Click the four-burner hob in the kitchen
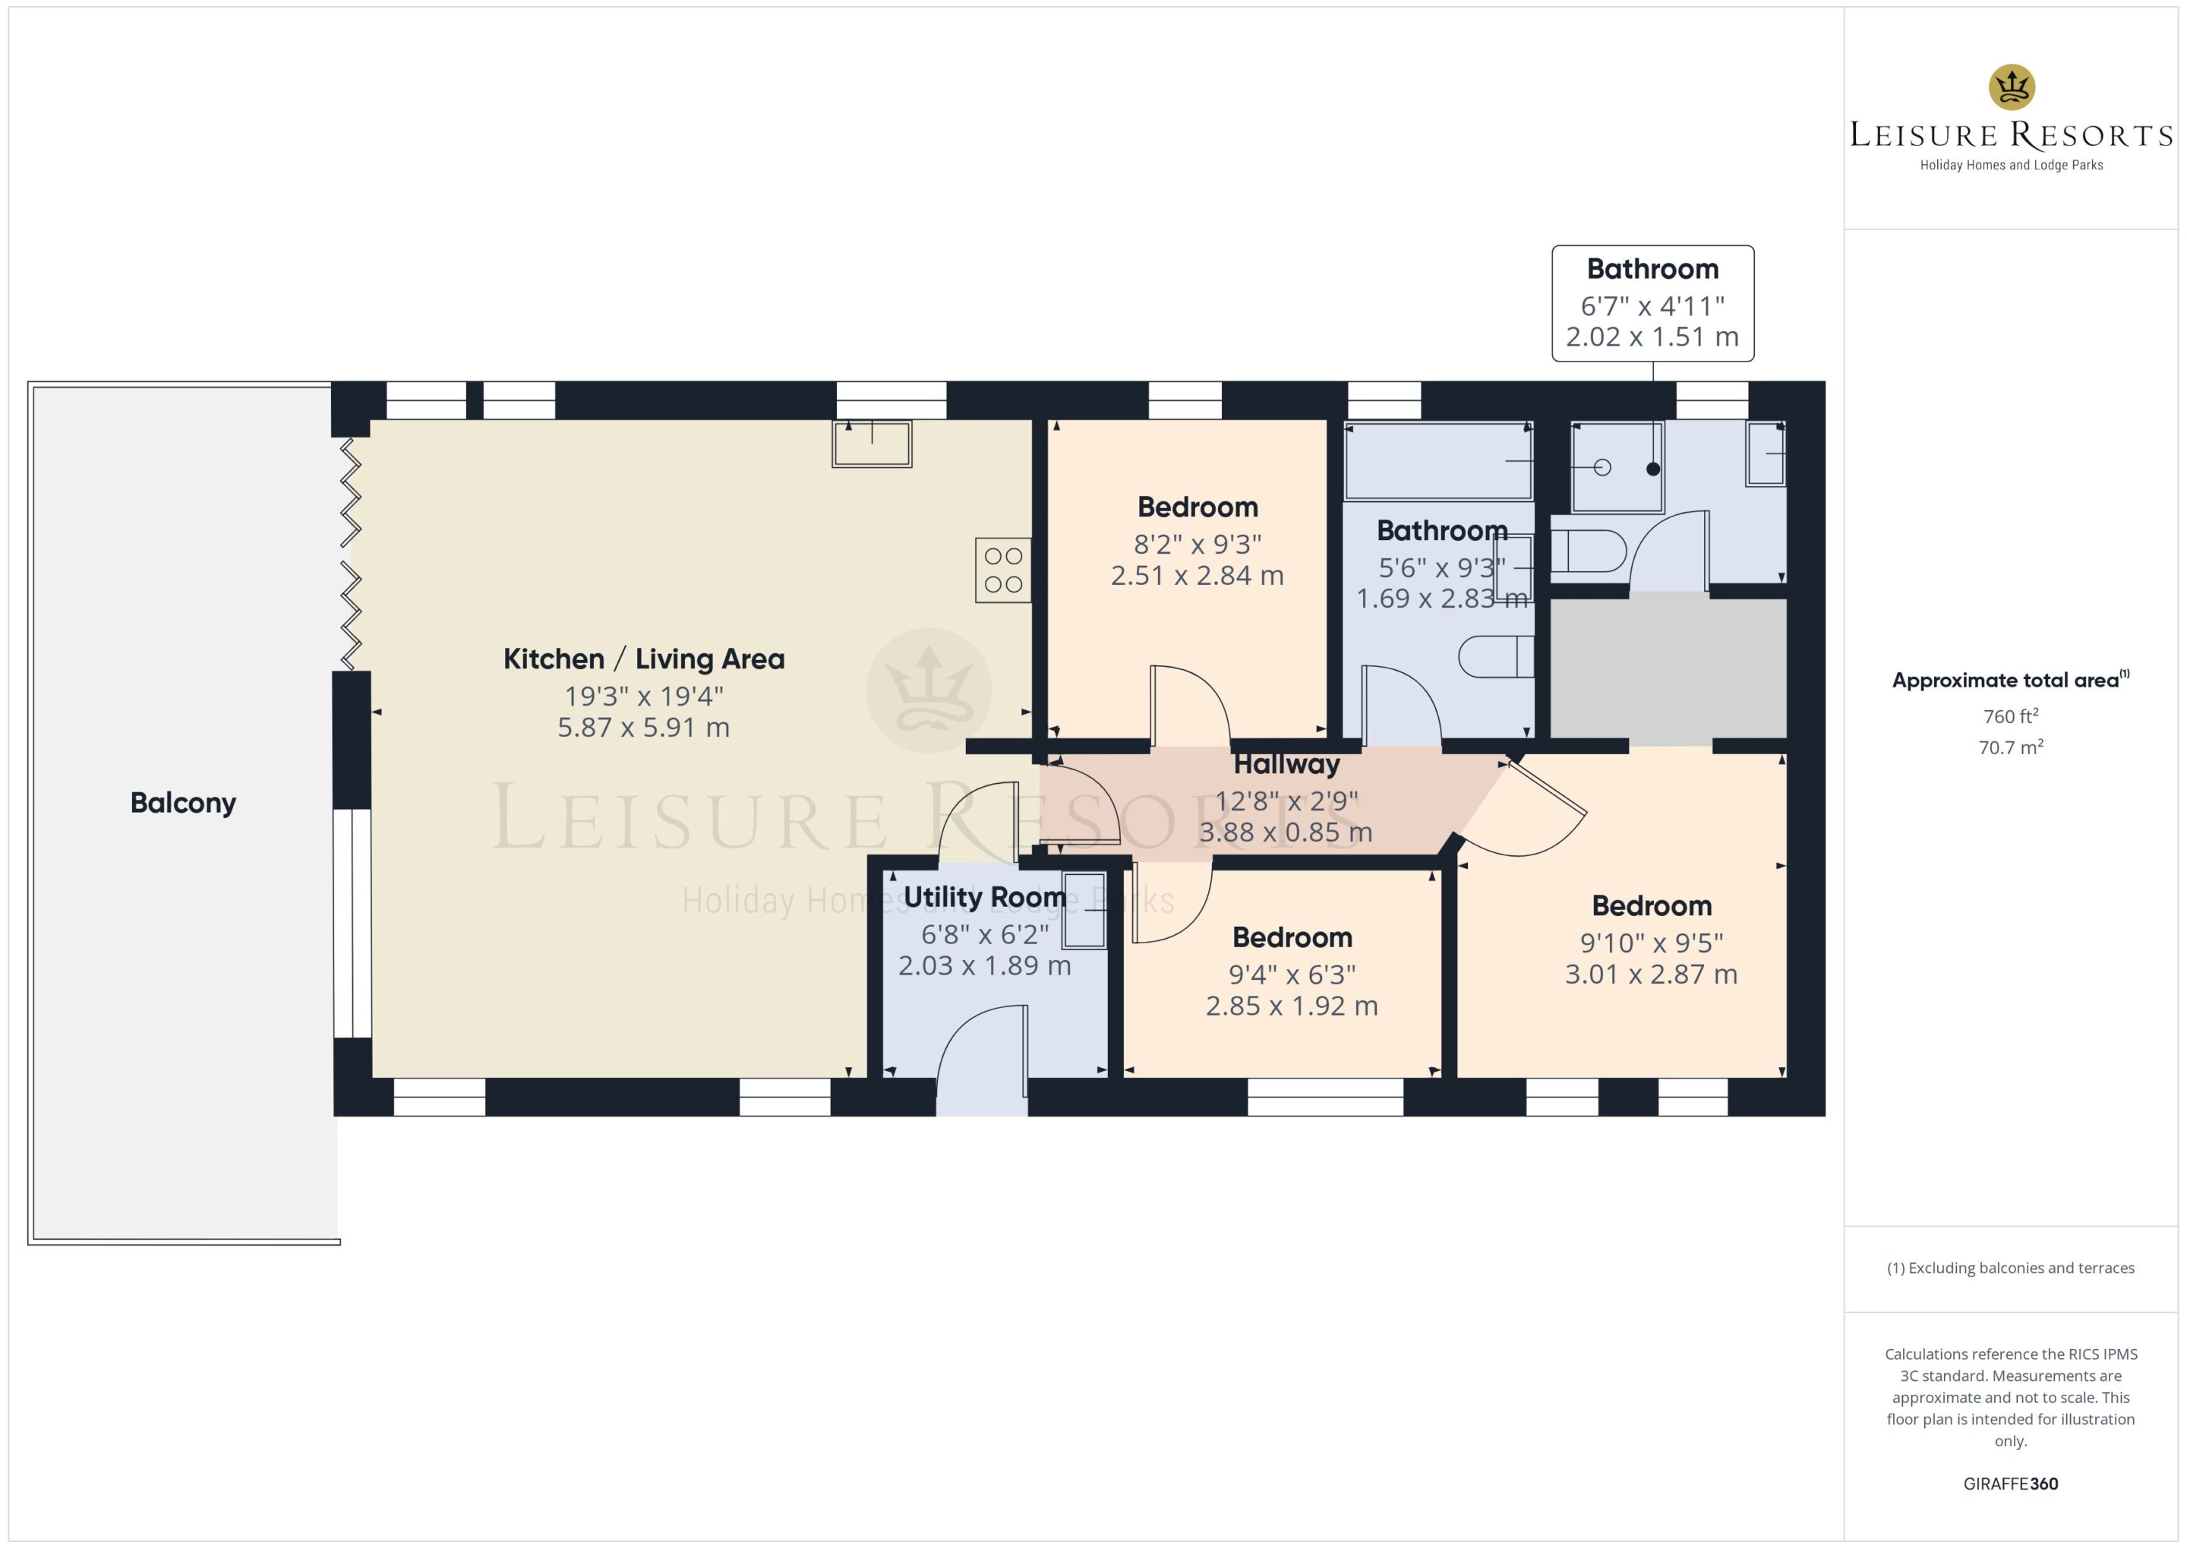click(1002, 570)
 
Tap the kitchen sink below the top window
click(872, 444)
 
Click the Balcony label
click(183, 804)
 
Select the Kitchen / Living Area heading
click(644, 659)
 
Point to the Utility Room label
click(984, 897)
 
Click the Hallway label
click(1286, 764)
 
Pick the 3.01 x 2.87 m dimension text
click(1652, 975)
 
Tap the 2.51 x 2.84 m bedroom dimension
click(1198, 576)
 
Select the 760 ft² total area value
click(2011, 716)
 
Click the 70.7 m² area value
click(2011, 747)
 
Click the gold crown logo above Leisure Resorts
click(2012, 87)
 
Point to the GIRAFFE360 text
click(2011, 1484)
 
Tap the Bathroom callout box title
click(1652, 269)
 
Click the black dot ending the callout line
click(1653, 469)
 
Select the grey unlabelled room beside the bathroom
click(1668, 669)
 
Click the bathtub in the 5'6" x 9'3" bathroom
click(1438, 461)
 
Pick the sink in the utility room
click(1084, 910)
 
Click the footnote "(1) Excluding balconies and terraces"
click(2011, 1268)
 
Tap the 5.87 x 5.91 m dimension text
click(644, 728)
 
